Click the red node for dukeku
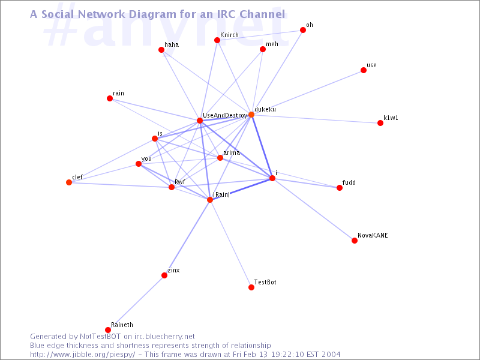point(251,115)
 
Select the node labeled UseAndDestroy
point(200,121)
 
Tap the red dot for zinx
point(164,275)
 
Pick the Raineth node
point(108,329)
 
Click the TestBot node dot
point(251,287)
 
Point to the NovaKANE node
point(355,241)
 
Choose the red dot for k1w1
point(380,123)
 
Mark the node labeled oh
point(303,29)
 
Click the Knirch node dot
point(217,40)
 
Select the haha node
point(161,50)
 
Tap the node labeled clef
point(69,182)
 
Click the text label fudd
point(349,182)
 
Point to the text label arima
point(232,152)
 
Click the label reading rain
point(118,93)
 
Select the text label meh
point(272,44)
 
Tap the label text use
point(371,65)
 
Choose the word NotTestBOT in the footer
point(100,337)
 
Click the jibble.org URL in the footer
point(82,355)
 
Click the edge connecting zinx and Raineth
point(136,303)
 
